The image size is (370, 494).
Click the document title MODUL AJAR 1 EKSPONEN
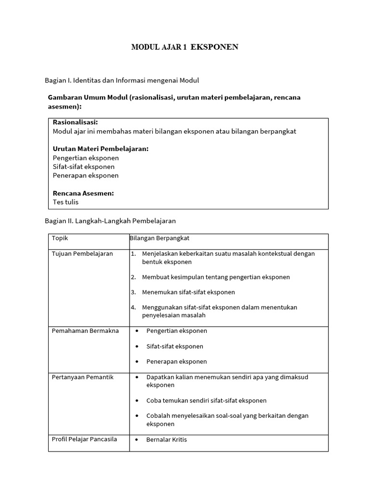click(x=185, y=47)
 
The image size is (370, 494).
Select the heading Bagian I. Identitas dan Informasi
click(x=121, y=80)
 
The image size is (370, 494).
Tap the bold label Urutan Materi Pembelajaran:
click(x=100, y=149)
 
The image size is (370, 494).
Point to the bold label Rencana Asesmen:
click(x=83, y=193)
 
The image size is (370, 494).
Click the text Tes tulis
click(x=66, y=202)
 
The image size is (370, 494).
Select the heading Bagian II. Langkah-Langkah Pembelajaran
click(x=110, y=221)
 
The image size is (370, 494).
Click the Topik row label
click(x=60, y=238)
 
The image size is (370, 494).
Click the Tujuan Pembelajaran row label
click(x=82, y=254)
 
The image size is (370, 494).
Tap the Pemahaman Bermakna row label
click(x=85, y=331)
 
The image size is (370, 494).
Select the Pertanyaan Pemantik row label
click(x=82, y=377)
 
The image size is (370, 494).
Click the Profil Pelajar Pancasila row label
click(x=84, y=439)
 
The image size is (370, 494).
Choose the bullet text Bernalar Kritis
click(x=167, y=440)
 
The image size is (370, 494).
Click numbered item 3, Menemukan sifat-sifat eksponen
click(x=188, y=292)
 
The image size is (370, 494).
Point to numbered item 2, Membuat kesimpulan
click(x=216, y=277)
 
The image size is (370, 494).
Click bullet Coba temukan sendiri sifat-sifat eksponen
click(x=206, y=400)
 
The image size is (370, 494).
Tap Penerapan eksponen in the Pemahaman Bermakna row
click(x=176, y=362)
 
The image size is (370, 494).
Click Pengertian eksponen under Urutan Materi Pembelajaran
click(x=86, y=158)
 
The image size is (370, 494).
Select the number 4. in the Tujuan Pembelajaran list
click(x=133, y=307)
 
